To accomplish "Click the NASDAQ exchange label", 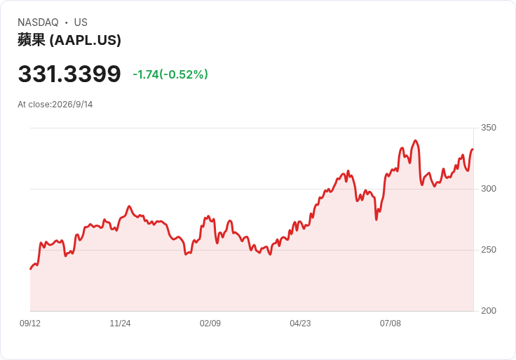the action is tap(38, 22).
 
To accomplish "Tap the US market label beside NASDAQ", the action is tap(81, 22).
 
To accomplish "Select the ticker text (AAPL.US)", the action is tap(86, 40).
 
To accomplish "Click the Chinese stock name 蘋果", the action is tap(32, 40).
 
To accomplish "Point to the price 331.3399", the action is tap(69, 74).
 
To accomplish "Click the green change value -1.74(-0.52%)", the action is tap(170, 74).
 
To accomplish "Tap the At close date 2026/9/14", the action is tap(72, 105).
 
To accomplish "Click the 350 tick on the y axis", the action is tap(489, 128).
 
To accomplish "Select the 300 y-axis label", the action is tap(489, 189).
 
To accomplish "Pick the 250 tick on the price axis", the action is tap(489, 250).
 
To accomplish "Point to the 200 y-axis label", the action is tap(489, 311).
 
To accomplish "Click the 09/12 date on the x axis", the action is tap(30, 324).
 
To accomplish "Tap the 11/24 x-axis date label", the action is tap(120, 324).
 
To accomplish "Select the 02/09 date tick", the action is tap(210, 324).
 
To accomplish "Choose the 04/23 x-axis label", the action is tap(300, 324).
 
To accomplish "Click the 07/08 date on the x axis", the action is tap(391, 324).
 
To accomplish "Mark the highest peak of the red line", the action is tap(415, 141).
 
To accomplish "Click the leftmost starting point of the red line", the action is tap(31, 269).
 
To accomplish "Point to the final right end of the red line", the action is tap(473, 149).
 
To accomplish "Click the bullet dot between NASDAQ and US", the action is tap(66, 22).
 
